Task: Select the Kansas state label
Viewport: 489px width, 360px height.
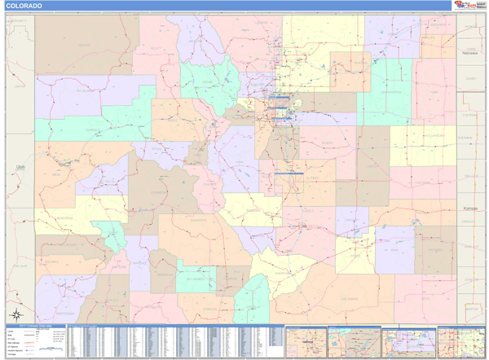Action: [x=468, y=209]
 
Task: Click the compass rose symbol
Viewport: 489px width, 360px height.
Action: [x=14, y=314]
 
